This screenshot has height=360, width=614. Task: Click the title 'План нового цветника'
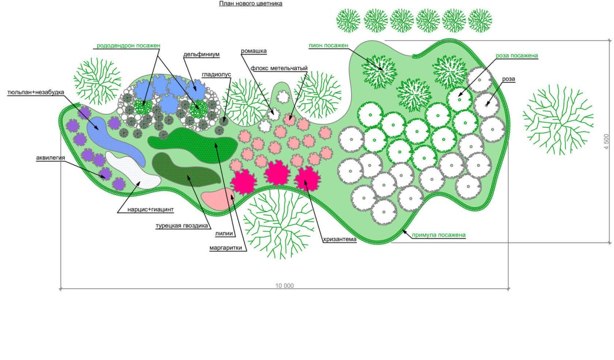(x=251, y=3)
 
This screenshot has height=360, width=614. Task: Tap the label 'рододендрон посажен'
(x=128, y=45)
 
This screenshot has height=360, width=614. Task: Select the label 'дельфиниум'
(x=201, y=55)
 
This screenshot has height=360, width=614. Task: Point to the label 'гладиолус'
(x=216, y=75)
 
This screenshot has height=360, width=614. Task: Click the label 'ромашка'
(x=253, y=51)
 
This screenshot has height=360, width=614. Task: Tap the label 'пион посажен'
(x=329, y=45)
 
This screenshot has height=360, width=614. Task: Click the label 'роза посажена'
(x=517, y=56)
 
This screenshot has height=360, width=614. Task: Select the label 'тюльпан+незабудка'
(x=35, y=92)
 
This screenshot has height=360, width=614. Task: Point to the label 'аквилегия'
(x=51, y=158)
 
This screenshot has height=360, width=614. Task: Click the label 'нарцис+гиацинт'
(x=151, y=209)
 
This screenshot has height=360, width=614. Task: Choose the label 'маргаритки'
(x=228, y=248)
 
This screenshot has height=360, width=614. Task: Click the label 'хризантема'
(x=339, y=240)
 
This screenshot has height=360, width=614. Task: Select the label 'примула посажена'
(x=438, y=235)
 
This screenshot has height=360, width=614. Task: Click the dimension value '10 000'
(x=284, y=285)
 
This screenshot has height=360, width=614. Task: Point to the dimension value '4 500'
(x=606, y=142)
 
